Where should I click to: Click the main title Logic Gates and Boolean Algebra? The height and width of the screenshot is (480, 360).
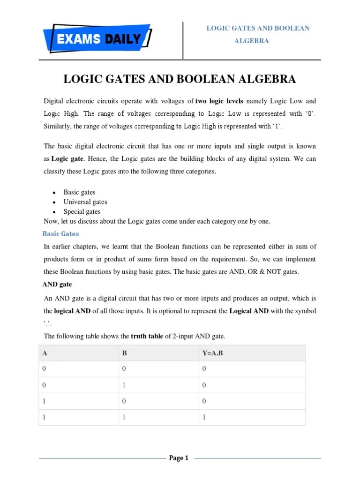[x=180, y=79]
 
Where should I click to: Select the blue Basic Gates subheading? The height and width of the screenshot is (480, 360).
[x=61, y=233]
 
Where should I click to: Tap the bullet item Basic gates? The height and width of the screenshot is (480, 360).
[x=79, y=192]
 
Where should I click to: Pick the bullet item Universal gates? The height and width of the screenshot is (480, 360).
[x=85, y=202]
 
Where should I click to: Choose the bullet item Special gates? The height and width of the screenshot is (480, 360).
[x=82, y=212]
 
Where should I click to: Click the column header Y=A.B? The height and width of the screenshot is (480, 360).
[x=212, y=353]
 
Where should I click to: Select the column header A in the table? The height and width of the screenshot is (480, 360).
[x=45, y=353]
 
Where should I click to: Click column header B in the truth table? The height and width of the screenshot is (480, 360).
[x=125, y=353]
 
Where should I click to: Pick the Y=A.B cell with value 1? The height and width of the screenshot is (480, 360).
[x=204, y=417]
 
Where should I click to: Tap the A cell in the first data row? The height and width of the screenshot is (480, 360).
[x=45, y=369]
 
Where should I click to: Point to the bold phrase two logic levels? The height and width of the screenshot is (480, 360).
[x=219, y=101]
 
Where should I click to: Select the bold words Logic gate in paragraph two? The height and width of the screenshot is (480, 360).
[x=64, y=159]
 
